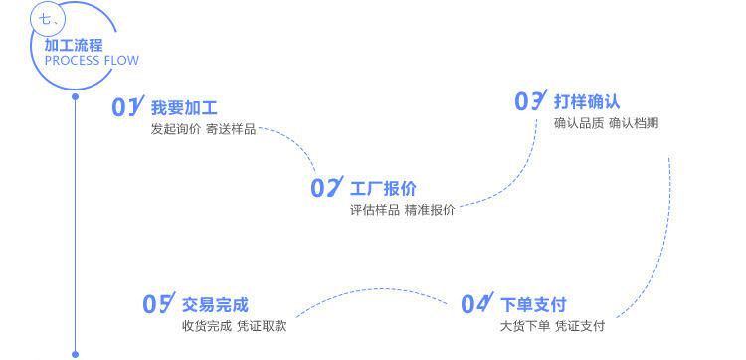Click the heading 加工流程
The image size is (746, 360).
(x=74, y=46)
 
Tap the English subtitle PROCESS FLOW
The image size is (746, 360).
(x=92, y=61)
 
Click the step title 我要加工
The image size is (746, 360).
(x=184, y=108)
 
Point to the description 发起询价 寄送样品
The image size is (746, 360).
(x=203, y=129)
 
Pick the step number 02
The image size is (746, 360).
(x=327, y=186)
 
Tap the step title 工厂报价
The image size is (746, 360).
(x=383, y=189)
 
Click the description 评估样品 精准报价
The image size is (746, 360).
(x=403, y=210)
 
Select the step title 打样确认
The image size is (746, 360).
(x=587, y=101)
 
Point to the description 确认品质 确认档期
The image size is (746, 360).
(x=606, y=123)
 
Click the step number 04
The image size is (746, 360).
(x=477, y=303)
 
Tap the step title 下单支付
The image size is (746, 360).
(x=533, y=305)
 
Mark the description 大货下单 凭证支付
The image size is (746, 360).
(x=552, y=326)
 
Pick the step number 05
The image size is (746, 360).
(x=159, y=303)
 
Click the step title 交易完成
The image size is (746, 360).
(x=215, y=305)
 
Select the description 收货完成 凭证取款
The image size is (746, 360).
(x=235, y=326)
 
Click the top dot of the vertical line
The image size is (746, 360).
(x=75, y=97)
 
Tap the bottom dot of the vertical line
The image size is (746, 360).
(x=75, y=354)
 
